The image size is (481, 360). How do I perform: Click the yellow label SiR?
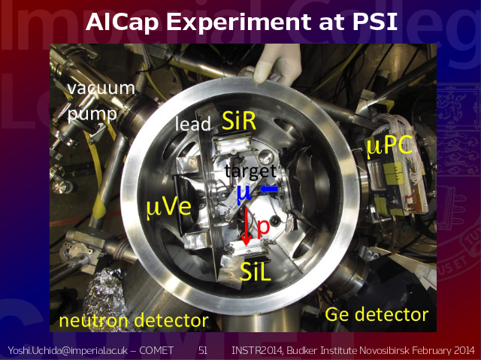(239, 120)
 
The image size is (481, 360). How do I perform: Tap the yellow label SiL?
(256, 271)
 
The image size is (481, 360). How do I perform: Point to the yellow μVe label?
(168, 208)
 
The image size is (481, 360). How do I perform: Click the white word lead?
(193, 123)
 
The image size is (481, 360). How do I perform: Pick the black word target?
(250, 171)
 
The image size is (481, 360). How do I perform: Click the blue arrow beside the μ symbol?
(269, 189)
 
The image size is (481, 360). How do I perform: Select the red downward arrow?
(246, 227)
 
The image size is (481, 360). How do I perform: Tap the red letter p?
(263, 228)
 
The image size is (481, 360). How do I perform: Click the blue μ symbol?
(244, 195)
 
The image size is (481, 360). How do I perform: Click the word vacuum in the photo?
(101, 89)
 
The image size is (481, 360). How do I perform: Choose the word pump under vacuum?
(92, 115)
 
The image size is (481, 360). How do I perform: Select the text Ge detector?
(377, 314)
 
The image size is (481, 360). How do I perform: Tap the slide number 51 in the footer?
(203, 350)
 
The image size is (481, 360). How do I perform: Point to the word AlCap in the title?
(122, 22)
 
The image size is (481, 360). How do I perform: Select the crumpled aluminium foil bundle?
(106, 298)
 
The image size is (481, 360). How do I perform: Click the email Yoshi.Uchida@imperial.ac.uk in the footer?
(68, 350)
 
